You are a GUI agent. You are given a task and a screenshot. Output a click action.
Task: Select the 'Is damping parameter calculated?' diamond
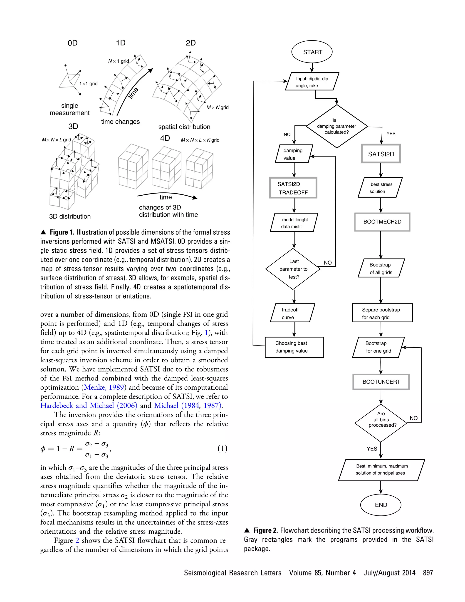click(x=337, y=126)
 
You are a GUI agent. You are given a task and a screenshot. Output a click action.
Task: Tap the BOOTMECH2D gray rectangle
click(x=382, y=222)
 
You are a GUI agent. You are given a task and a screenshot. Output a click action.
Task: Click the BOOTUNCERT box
click(x=381, y=382)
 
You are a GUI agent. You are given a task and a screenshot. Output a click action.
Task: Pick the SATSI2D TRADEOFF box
click(x=293, y=188)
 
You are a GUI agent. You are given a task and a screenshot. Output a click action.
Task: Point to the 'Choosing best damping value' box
click(x=294, y=347)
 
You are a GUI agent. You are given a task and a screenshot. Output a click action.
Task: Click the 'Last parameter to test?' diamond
click(x=293, y=269)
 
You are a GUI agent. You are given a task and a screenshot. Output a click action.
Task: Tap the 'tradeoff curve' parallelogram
click(x=292, y=313)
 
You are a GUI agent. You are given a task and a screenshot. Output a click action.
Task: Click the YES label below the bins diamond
click(x=372, y=449)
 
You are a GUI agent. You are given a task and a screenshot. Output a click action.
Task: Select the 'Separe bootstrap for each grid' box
click(x=382, y=313)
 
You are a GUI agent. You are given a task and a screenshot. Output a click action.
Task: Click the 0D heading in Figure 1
click(x=73, y=43)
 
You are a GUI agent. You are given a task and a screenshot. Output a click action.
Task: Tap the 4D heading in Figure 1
click(x=165, y=138)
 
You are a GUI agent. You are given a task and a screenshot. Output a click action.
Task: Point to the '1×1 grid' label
click(x=88, y=84)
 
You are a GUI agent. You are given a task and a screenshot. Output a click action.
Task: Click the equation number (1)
click(x=222, y=448)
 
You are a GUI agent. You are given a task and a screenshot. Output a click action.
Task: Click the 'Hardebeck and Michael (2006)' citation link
click(x=89, y=405)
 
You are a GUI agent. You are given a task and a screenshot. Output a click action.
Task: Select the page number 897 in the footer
click(x=428, y=573)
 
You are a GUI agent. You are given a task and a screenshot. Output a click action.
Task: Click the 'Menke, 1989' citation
click(x=104, y=387)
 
